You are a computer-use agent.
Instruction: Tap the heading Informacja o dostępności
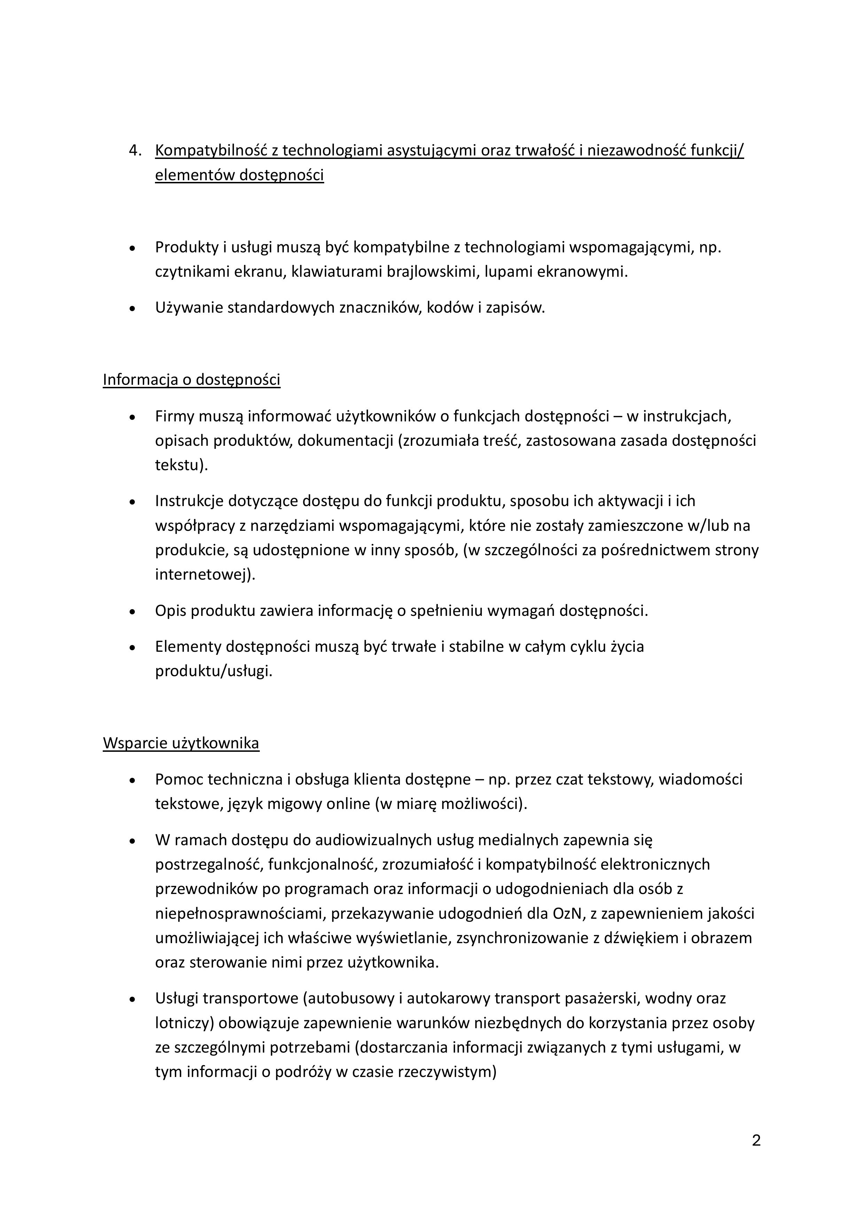(x=191, y=380)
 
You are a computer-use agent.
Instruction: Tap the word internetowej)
(x=205, y=575)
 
